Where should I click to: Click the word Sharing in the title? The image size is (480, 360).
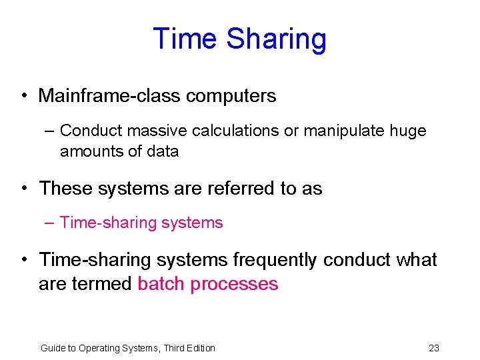(276, 39)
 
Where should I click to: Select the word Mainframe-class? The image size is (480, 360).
(109, 96)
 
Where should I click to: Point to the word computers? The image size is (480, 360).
(231, 96)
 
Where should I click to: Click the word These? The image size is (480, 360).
(66, 189)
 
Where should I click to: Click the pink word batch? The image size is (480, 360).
(161, 284)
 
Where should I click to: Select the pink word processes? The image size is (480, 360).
(234, 285)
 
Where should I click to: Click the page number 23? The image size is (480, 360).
(434, 348)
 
